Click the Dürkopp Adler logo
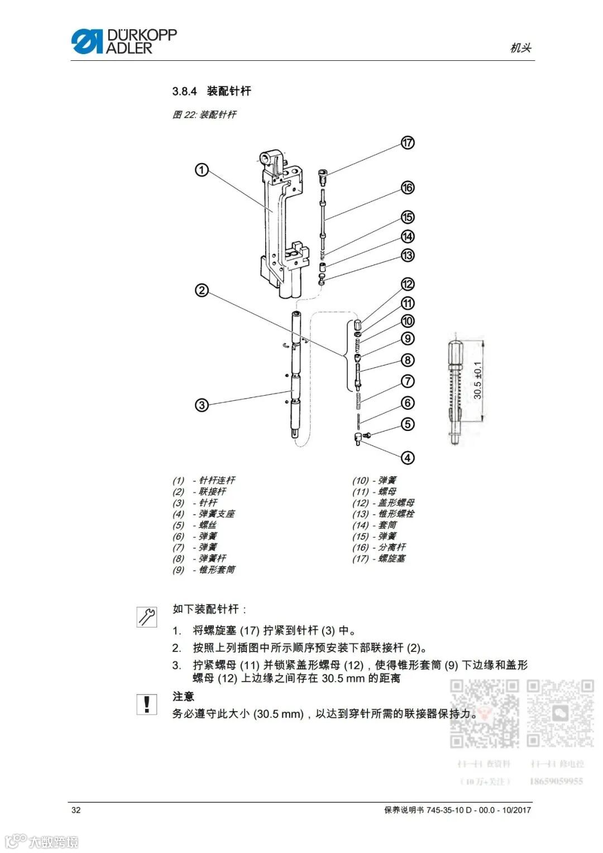[x=124, y=41]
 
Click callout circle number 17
[x=408, y=143]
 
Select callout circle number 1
[x=202, y=170]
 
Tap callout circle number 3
[x=202, y=405]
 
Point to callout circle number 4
[x=408, y=458]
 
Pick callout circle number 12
[x=408, y=284]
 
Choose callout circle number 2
[x=202, y=290]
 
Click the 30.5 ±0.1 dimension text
[x=478, y=380]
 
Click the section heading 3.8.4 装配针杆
[x=212, y=91]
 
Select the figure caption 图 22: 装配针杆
[x=204, y=114]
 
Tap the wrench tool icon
[x=147, y=616]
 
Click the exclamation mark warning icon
[x=147, y=705]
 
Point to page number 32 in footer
[x=76, y=810]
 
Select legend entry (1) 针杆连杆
[x=204, y=480]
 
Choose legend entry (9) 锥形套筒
[x=204, y=569]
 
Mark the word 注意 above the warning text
[x=183, y=696]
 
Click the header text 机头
[x=520, y=48]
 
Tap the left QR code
[x=485, y=713]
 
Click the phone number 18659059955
[x=556, y=781]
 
